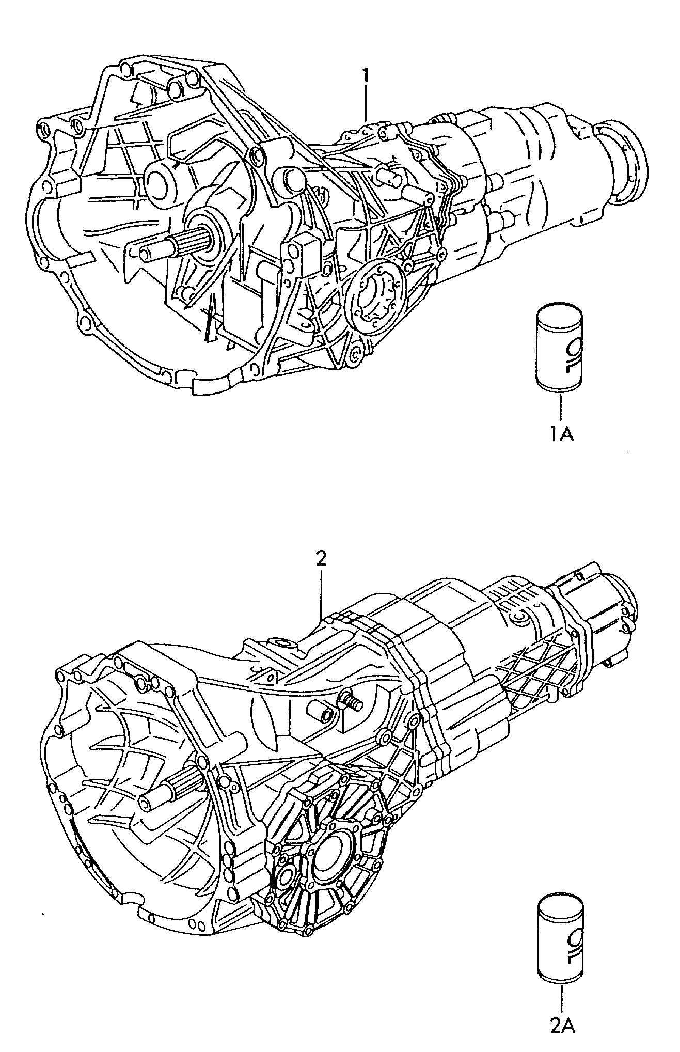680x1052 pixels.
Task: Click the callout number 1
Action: click(366, 76)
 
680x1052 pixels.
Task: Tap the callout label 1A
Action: click(560, 435)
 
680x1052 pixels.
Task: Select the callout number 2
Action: click(321, 559)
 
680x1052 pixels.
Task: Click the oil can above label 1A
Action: click(560, 350)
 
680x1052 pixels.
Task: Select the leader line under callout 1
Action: click(366, 103)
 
